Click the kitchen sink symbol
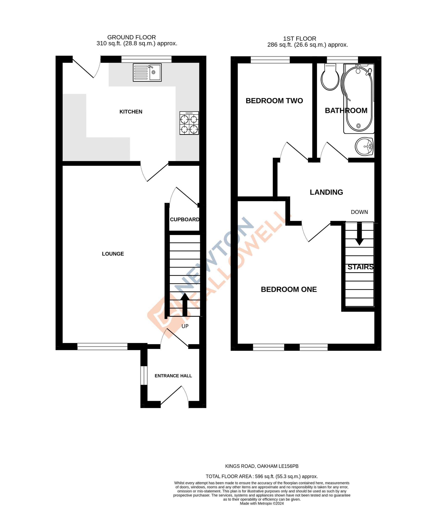147,72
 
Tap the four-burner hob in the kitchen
189,123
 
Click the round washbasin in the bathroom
364,146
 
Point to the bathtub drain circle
359,126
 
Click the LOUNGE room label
113,254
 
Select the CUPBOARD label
185,219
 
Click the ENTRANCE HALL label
173,376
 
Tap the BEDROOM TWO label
274,101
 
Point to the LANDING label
326,192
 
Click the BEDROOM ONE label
289,290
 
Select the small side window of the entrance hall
144,375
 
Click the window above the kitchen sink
146,59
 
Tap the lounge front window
102,346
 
